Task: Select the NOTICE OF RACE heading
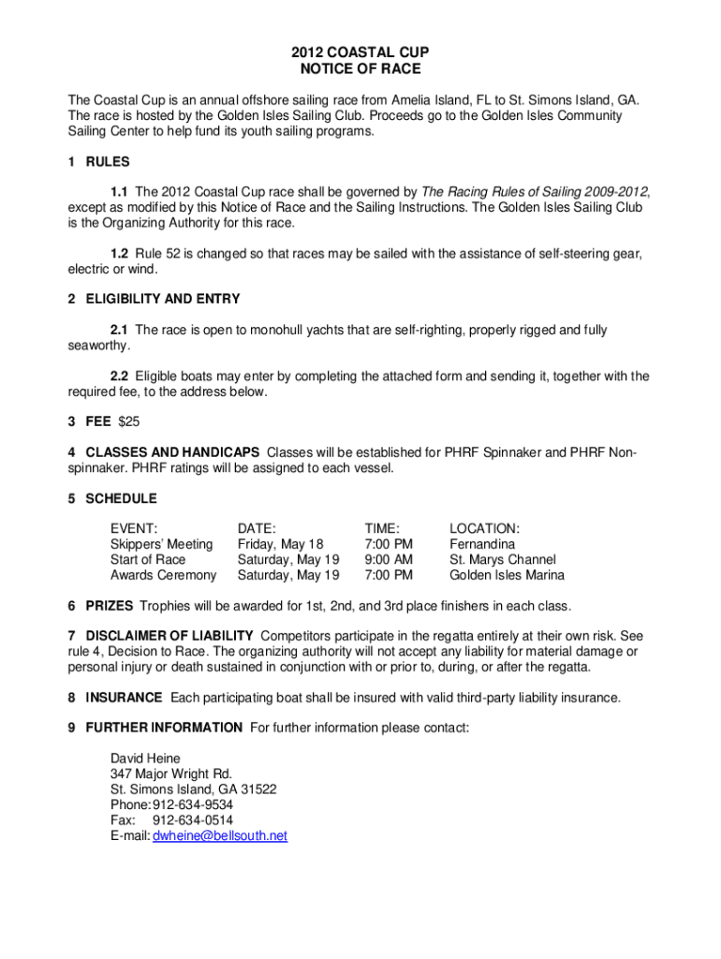tap(360, 68)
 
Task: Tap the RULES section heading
tap(108, 162)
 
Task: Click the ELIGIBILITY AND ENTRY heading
tap(163, 299)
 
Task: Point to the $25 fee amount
tap(128, 421)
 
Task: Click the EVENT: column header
tap(134, 528)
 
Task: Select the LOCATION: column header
tap(484, 528)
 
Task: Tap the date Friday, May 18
tap(280, 544)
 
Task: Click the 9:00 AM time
tap(389, 559)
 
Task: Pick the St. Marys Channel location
tap(502, 559)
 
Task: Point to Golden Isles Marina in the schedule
tap(507, 575)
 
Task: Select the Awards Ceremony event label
tap(163, 575)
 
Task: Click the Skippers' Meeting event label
tap(161, 544)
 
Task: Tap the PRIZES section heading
tap(110, 605)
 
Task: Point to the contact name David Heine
tap(145, 758)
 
